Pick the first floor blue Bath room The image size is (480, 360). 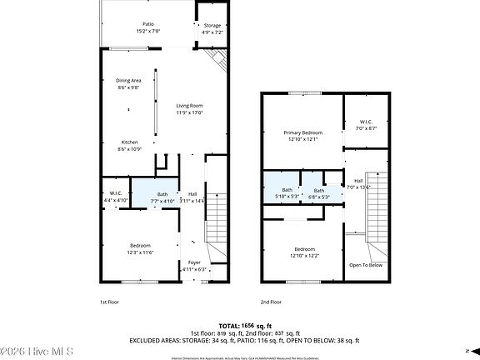162,197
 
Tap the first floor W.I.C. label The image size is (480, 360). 115,197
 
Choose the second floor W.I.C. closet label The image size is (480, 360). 366,125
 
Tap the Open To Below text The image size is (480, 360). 366,265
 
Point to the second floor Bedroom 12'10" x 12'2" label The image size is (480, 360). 304,252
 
